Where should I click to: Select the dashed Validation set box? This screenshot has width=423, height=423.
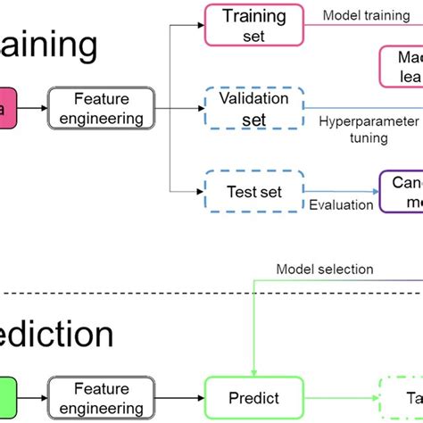tap(253, 109)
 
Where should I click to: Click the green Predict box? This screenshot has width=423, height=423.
tap(254, 398)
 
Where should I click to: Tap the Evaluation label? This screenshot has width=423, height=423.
tap(341, 205)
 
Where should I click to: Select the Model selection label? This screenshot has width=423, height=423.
tap(325, 269)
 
